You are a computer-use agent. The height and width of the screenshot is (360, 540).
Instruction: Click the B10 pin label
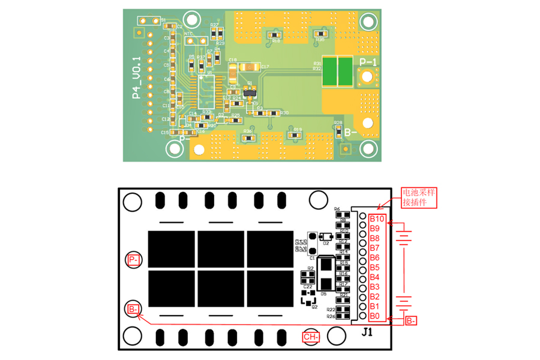(x=377, y=218)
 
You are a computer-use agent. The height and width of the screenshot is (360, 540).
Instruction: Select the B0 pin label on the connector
(x=375, y=316)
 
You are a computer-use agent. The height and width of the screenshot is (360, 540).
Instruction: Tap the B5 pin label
(x=375, y=267)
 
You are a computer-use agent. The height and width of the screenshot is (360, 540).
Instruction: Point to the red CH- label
(x=311, y=337)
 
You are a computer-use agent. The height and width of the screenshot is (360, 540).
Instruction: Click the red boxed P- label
(x=134, y=260)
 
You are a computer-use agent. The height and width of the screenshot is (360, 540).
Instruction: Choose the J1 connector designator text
(x=368, y=331)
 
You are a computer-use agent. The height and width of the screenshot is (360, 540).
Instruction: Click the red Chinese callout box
(x=420, y=197)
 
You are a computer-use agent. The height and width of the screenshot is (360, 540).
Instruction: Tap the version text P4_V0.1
(x=136, y=77)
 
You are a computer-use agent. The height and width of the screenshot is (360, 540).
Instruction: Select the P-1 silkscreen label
(x=367, y=62)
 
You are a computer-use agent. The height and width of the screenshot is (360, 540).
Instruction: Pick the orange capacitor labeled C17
(x=251, y=67)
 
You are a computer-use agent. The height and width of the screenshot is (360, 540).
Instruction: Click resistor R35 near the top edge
(x=320, y=34)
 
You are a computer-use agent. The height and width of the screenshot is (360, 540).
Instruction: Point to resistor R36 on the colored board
(x=247, y=137)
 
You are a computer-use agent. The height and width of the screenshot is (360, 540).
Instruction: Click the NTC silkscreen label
(x=188, y=34)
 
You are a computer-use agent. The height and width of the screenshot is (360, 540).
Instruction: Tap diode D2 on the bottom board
(x=327, y=236)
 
